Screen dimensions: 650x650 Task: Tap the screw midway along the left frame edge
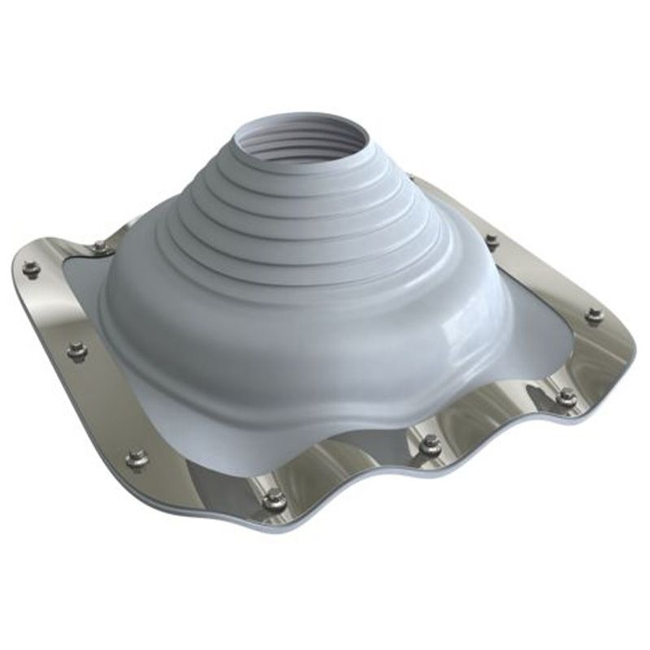77,351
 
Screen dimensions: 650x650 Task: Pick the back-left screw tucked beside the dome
99,246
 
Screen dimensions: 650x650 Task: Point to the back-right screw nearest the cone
492,240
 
